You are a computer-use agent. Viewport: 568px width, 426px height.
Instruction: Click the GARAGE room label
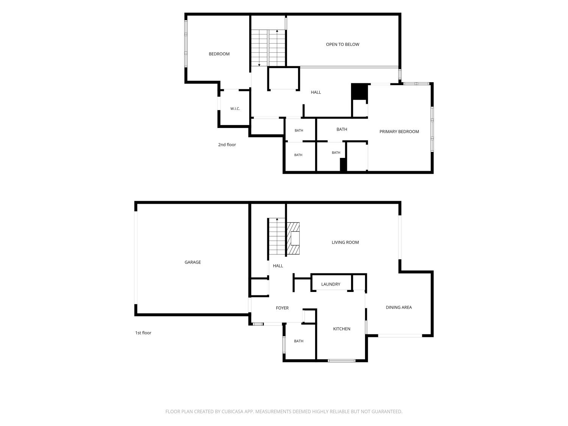pyautogui.click(x=192, y=262)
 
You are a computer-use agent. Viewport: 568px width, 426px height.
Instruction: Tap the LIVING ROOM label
pyautogui.click(x=345, y=242)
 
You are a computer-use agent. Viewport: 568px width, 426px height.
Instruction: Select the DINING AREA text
pyautogui.click(x=398, y=307)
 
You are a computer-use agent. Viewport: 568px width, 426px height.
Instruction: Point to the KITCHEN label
pyautogui.click(x=342, y=329)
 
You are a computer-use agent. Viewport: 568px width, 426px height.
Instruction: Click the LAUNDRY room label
pyautogui.click(x=331, y=284)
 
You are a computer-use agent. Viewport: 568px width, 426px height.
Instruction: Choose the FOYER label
pyautogui.click(x=282, y=308)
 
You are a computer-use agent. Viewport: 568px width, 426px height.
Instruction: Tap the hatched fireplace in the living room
pyautogui.click(x=293, y=238)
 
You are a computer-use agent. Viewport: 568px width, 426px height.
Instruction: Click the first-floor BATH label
pyautogui.click(x=299, y=341)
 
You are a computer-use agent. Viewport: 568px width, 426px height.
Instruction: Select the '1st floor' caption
pyautogui.click(x=143, y=332)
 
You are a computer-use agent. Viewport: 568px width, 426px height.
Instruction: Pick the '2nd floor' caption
pyautogui.click(x=227, y=145)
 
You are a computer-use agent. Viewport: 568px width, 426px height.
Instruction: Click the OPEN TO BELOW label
pyautogui.click(x=343, y=44)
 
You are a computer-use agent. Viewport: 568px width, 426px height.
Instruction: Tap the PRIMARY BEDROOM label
pyautogui.click(x=399, y=131)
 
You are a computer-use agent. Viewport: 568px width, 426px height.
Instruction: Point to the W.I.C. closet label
pyautogui.click(x=235, y=109)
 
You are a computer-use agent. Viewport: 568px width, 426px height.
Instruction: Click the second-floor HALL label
pyautogui.click(x=316, y=92)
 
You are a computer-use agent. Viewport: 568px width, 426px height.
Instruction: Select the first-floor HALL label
pyautogui.click(x=278, y=266)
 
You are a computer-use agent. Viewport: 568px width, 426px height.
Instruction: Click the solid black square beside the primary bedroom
pyautogui.click(x=359, y=92)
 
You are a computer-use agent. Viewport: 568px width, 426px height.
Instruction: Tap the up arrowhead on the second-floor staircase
pyautogui.click(x=277, y=31)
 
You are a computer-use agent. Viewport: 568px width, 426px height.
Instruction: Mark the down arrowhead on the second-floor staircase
pyautogui.click(x=259, y=65)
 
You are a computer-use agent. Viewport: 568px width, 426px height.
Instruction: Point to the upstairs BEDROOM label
pyautogui.click(x=219, y=54)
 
